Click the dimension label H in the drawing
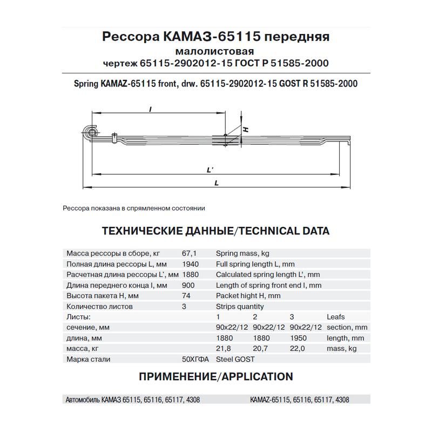click(x=245, y=130)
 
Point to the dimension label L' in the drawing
click(x=211, y=170)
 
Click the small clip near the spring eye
click(x=114, y=138)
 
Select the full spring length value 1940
click(x=192, y=264)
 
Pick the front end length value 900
click(x=189, y=285)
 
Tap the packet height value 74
click(x=187, y=296)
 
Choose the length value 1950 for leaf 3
click(x=298, y=338)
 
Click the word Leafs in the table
click(x=335, y=317)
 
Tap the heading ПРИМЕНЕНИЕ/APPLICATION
click(x=216, y=376)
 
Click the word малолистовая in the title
click(x=215, y=51)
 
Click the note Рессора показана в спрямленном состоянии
click(x=134, y=208)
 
